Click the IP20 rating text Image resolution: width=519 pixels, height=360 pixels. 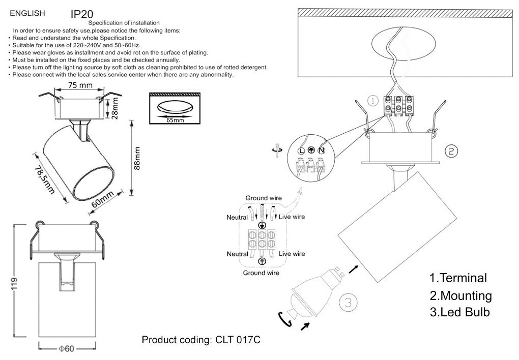(x=81, y=14)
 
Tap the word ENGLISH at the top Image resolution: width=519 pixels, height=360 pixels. (x=28, y=13)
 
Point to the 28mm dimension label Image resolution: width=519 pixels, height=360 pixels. (x=116, y=107)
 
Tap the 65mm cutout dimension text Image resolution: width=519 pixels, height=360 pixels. (x=175, y=120)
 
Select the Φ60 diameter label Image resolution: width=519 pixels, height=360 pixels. (x=67, y=349)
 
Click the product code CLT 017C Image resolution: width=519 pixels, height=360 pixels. (x=201, y=340)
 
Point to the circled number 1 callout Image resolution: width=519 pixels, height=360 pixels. (x=373, y=101)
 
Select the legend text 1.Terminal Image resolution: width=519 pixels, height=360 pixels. (x=458, y=278)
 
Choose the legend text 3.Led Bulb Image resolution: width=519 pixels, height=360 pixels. (x=459, y=312)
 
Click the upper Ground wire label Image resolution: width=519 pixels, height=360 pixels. (x=264, y=198)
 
